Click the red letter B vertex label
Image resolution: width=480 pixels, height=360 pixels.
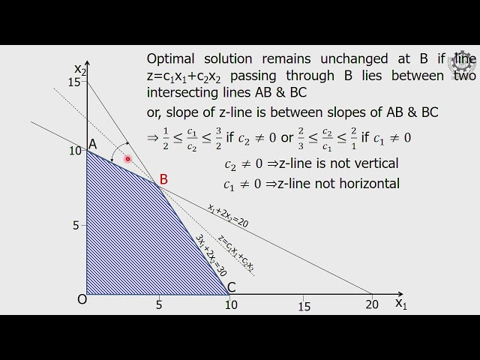(x=163, y=180)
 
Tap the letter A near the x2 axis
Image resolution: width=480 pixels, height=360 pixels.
(x=93, y=144)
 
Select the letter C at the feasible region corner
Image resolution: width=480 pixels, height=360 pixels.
(x=231, y=286)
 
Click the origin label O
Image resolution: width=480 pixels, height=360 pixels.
(x=82, y=299)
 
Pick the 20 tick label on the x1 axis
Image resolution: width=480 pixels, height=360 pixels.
(x=372, y=305)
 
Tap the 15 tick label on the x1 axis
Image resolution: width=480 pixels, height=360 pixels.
(x=303, y=306)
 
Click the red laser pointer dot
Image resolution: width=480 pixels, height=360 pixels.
(x=128, y=159)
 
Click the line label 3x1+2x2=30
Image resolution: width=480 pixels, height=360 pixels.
(x=211, y=256)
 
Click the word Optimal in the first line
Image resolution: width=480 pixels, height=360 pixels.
(x=172, y=58)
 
